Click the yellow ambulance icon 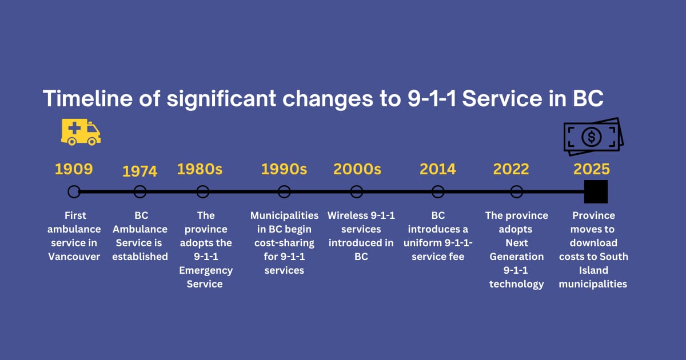pyautogui.click(x=81, y=132)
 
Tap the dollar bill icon pyautogui.click(x=593, y=137)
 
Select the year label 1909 pyautogui.click(x=74, y=169)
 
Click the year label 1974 pyautogui.click(x=139, y=171)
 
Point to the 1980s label pyautogui.click(x=200, y=169)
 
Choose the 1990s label pyautogui.click(x=284, y=169)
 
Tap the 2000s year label pyautogui.click(x=357, y=169)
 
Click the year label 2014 pyautogui.click(x=438, y=169)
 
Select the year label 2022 pyautogui.click(x=511, y=169)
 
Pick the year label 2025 pyautogui.click(x=591, y=169)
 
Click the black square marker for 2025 pyautogui.click(x=596, y=191)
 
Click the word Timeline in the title pyautogui.click(x=87, y=98)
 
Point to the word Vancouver pyautogui.click(x=74, y=257)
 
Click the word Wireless pyautogui.click(x=348, y=215)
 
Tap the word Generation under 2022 pyautogui.click(x=516, y=257)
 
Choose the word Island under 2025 pyautogui.click(x=593, y=270)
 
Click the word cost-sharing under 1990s pyautogui.click(x=284, y=243)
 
